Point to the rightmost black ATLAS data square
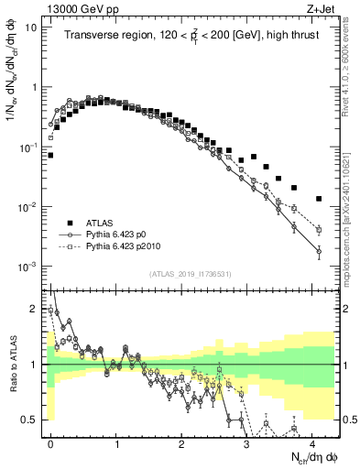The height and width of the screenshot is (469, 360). (319, 199)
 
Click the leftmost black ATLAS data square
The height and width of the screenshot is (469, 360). (50, 156)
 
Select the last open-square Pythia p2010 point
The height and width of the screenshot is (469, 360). (319, 230)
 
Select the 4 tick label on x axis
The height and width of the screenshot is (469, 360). (312, 443)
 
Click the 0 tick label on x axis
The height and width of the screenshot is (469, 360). (50, 443)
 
